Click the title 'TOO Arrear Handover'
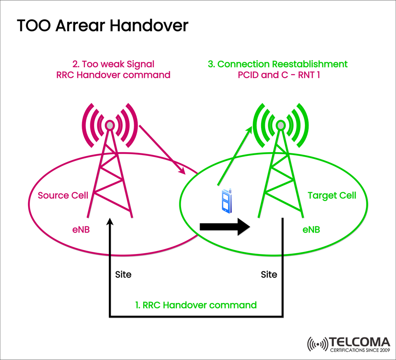[103, 26]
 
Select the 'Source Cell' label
[63, 195]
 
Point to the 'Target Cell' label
[332, 195]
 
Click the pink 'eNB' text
[81, 230]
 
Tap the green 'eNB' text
[311, 230]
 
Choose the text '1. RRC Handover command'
[196, 305]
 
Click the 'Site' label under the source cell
[123, 274]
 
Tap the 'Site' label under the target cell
[269, 274]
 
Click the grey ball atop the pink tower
[110, 125]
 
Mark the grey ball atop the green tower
[280, 125]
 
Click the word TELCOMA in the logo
[360, 342]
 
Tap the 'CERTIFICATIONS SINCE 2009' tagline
[360, 351]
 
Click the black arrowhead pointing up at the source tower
[110, 222]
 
